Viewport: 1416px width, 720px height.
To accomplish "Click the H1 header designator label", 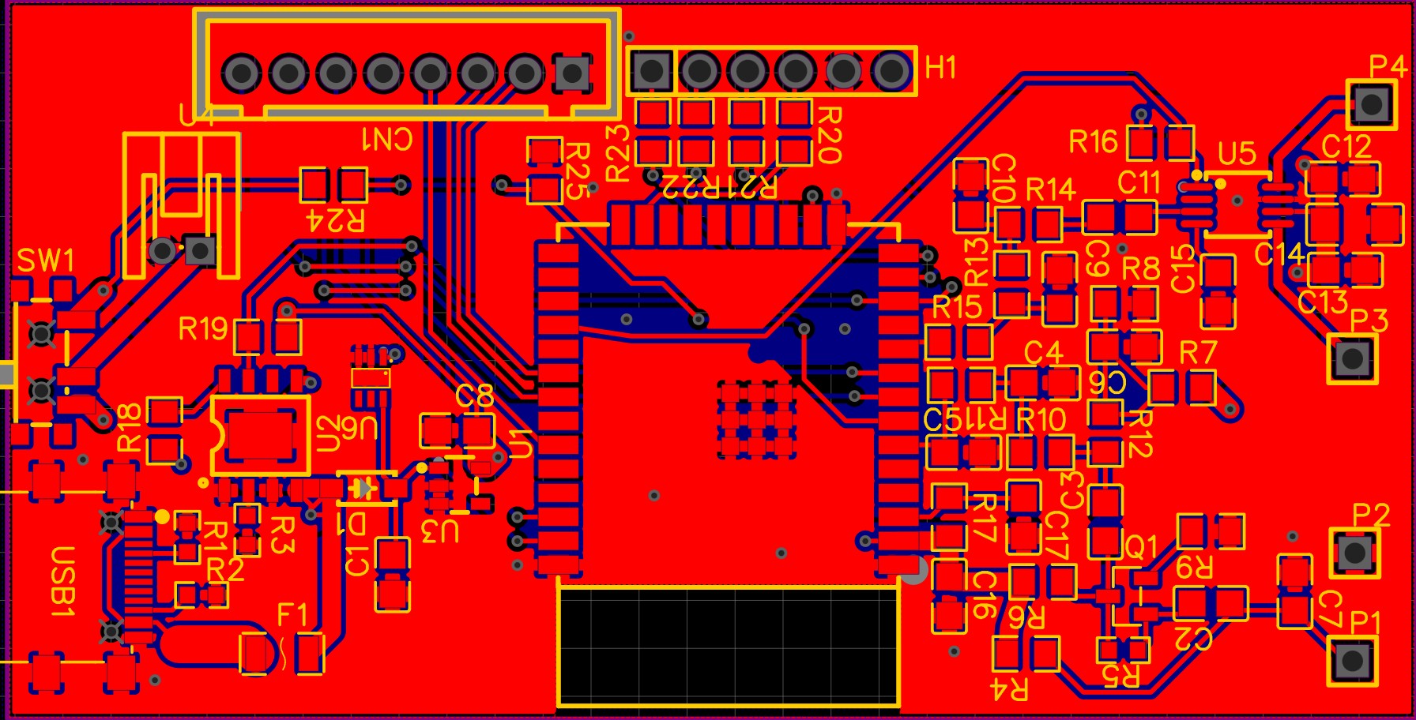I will click(941, 68).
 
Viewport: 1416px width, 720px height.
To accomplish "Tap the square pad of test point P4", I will click(1372, 103).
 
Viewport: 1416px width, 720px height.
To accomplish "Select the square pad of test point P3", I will click(1352, 358).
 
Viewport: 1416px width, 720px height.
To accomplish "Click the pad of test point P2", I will click(1354, 553).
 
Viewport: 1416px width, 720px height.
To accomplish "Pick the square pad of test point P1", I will click(1352, 660).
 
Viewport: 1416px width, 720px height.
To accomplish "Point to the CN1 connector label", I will click(387, 139).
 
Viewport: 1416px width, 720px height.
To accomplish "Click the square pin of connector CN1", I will click(571, 73).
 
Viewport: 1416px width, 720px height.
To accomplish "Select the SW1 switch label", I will click(46, 261).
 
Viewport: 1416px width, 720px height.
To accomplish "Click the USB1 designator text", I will click(62, 581).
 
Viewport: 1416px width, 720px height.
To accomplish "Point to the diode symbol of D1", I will click(363, 489).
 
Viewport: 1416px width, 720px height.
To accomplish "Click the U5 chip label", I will click(1237, 154).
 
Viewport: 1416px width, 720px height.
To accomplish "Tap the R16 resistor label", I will click(1093, 142).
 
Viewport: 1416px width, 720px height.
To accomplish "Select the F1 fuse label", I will click(292, 614).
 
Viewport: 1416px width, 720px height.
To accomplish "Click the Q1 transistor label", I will click(1140, 547).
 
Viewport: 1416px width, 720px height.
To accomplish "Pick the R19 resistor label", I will click(203, 328).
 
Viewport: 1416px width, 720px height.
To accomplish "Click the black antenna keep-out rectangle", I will click(728, 646).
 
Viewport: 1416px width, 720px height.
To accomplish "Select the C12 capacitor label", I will click(1346, 147).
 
